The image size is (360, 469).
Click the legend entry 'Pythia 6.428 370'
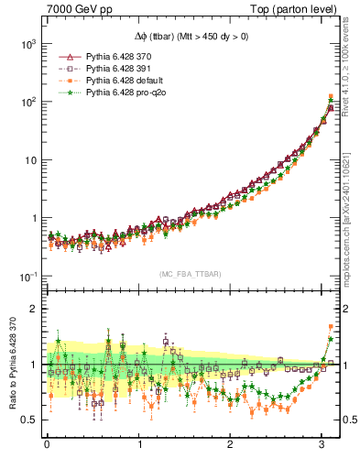(104, 57)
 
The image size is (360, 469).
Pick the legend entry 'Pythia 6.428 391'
(104, 69)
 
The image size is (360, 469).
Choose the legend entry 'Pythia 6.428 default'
(106, 81)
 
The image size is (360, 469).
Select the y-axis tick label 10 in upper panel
(30, 160)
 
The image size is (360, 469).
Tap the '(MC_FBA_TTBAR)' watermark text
(190, 275)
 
